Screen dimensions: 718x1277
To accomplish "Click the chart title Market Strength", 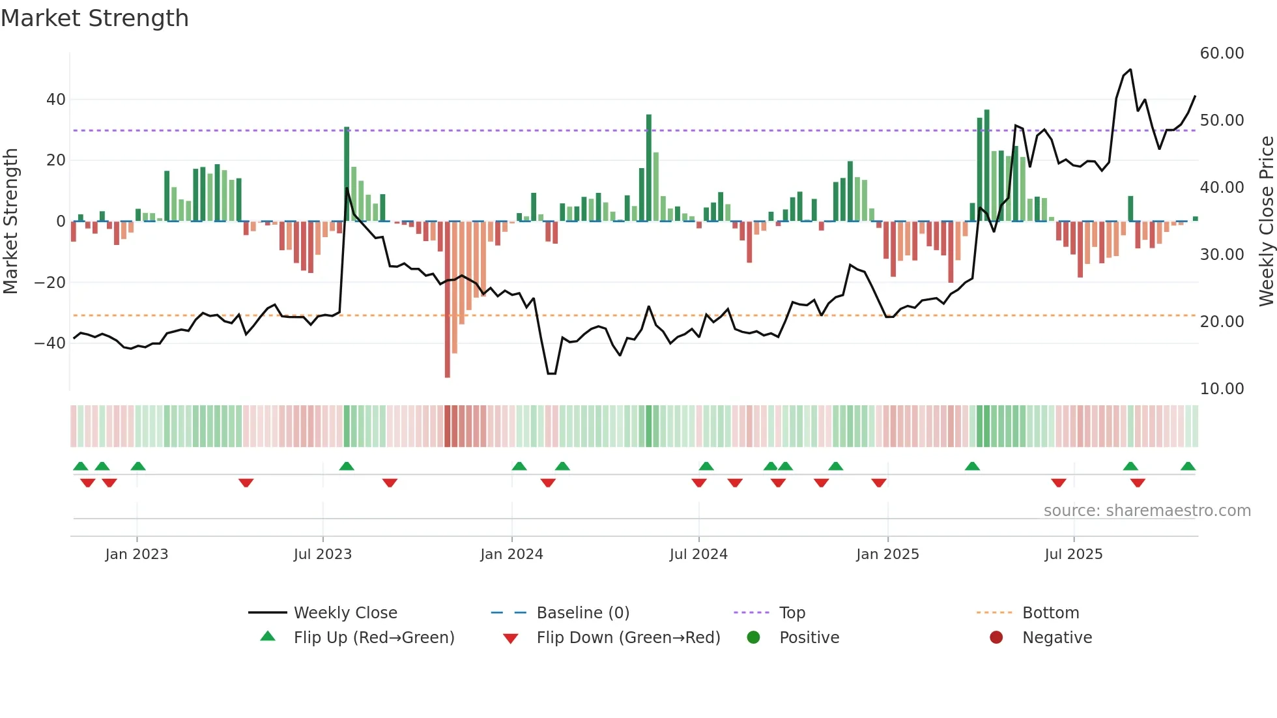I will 95,18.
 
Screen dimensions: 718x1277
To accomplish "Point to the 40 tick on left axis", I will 56,100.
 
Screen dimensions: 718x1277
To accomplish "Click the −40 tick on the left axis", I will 50,343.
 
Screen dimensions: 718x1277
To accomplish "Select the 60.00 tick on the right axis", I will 1222,53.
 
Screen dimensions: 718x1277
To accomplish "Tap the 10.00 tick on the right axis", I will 1222,389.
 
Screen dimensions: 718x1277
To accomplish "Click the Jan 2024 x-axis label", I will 511,554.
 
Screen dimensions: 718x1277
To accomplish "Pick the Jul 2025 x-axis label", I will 1073,554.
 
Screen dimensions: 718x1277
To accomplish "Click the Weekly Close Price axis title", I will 1266,222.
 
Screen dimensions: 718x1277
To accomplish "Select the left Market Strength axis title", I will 10,222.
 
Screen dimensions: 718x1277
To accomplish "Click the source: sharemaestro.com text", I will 1147,511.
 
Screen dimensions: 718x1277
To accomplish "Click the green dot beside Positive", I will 754,638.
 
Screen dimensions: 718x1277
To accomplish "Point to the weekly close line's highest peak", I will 1130,70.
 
